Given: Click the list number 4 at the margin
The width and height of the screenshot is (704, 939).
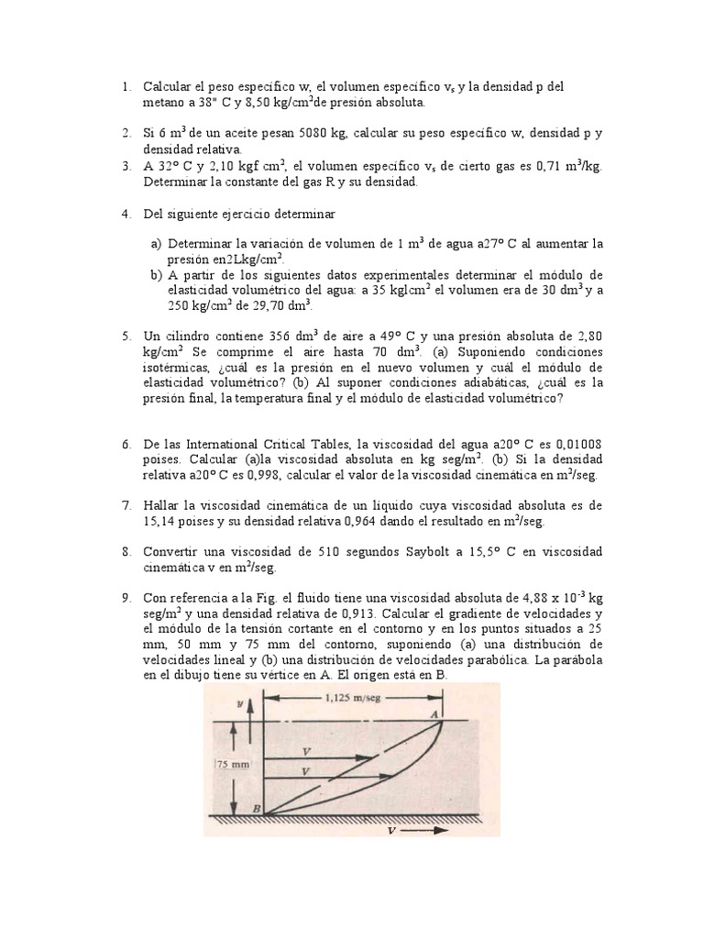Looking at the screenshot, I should [125, 213].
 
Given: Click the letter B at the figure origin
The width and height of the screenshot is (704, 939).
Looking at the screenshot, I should [257, 808].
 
